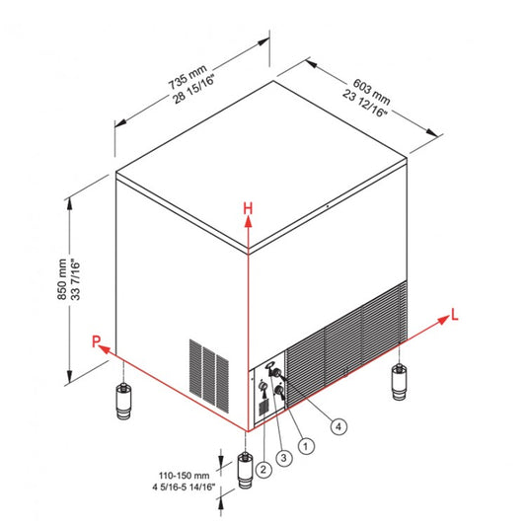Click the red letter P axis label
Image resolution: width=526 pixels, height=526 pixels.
[x=97, y=341]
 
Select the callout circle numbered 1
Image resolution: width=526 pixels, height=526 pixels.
[x=305, y=446]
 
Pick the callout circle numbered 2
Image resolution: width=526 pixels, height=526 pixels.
[x=263, y=470]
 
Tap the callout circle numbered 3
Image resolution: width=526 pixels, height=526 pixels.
[x=283, y=458]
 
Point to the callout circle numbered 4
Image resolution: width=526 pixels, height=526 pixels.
[x=338, y=427]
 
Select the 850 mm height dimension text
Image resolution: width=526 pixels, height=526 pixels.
[x=61, y=280]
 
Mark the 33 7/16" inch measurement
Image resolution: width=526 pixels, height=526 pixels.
[x=75, y=280]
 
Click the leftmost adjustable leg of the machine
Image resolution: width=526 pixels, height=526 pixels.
[x=122, y=402]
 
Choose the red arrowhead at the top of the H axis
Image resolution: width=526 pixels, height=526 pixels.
[x=250, y=224]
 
